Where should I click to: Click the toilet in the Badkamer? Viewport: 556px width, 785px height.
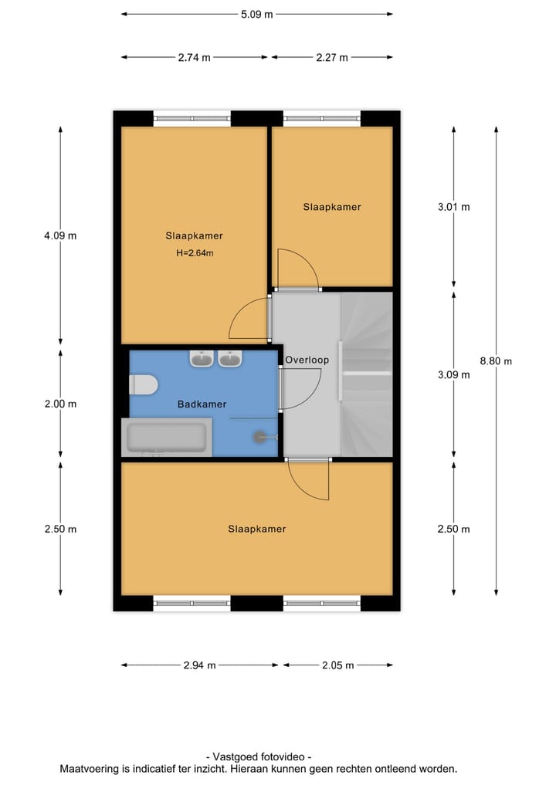coord(144,384)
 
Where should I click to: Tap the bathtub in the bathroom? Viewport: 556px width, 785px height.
coord(166,438)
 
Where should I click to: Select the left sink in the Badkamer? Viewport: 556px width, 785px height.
coord(202,359)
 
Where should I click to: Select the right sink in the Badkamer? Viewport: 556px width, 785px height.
coord(230,359)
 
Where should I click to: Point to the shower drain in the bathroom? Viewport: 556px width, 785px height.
coord(258,437)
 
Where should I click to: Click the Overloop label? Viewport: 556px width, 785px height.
coord(307,360)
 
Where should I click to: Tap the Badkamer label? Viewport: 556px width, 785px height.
coord(202,404)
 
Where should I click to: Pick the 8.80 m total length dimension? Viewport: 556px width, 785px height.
coord(496,360)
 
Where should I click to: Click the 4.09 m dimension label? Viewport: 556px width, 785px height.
coord(61,235)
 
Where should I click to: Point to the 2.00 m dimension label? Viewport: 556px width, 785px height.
coord(61,404)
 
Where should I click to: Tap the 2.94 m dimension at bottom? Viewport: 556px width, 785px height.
coord(200,665)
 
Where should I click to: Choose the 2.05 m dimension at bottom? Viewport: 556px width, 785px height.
coord(338,665)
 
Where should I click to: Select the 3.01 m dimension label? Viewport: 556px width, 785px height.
coord(454,207)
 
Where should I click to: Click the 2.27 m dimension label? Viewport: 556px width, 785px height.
coord(332,57)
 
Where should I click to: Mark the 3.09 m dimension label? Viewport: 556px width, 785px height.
coord(454,375)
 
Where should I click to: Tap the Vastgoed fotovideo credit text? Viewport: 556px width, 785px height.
coord(259,757)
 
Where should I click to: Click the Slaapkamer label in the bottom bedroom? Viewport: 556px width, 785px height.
coord(256,529)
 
